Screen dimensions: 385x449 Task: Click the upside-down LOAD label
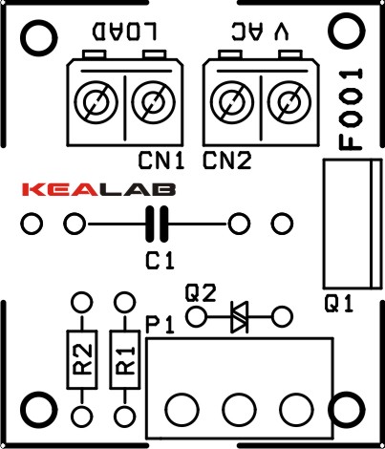pyautogui.click(x=124, y=32)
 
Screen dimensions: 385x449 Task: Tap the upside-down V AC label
pyautogui.click(x=261, y=32)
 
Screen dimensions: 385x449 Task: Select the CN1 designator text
pyautogui.click(x=161, y=160)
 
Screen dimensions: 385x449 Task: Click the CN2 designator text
pyautogui.click(x=227, y=160)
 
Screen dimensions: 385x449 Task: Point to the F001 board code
pyautogui.click(x=351, y=109)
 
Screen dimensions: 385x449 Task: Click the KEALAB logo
pyautogui.click(x=98, y=189)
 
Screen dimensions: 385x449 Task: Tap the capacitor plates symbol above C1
pyautogui.click(x=157, y=224)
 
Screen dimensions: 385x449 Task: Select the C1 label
pyautogui.click(x=160, y=261)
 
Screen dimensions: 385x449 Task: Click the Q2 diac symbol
pyautogui.click(x=239, y=317)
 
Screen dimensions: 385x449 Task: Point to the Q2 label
pyautogui.click(x=201, y=293)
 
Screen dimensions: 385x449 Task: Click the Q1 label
pyautogui.click(x=339, y=304)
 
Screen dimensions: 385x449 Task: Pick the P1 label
pyautogui.click(x=160, y=325)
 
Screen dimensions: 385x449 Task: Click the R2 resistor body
pyautogui.click(x=82, y=359)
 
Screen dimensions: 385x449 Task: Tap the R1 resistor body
pyautogui.click(x=125, y=359)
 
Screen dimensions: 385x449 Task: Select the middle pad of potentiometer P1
pyautogui.click(x=239, y=410)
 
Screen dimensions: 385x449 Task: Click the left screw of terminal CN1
pyautogui.click(x=96, y=102)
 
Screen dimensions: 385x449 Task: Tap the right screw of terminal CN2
pyautogui.click(x=289, y=102)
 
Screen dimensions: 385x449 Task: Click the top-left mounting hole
pyautogui.click(x=39, y=38)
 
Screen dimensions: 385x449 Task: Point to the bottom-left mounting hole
pyautogui.click(x=39, y=410)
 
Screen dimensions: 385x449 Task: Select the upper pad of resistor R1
pyautogui.click(x=125, y=302)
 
